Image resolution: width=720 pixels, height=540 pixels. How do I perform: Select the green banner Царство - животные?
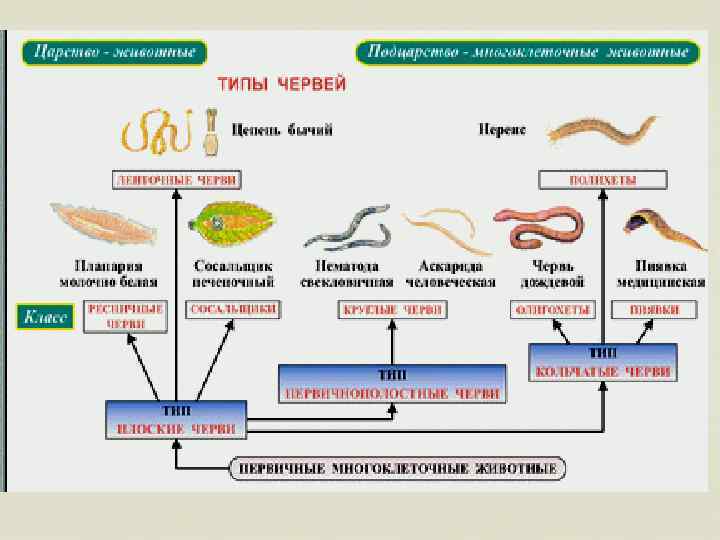[x=115, y=53]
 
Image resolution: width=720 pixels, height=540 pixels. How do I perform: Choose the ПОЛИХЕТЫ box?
[x=602, y=181]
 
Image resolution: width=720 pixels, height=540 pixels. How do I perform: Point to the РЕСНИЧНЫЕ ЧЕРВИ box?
[x=125, y=317]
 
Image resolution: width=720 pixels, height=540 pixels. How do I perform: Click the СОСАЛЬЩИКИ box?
[x=232, y=310]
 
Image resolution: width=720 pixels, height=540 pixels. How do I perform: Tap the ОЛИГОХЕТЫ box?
[x=552, y=310]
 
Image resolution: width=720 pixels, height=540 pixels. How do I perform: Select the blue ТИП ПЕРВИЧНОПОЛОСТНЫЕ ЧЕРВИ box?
[x=392, y=384]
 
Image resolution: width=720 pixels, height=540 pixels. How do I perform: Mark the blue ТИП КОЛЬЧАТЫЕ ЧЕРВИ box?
[x=603, y=362]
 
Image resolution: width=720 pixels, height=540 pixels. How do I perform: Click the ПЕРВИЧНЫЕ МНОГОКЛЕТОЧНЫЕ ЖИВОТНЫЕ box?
[x=399, y=468]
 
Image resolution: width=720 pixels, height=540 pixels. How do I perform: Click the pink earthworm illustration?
[x=541, y=227]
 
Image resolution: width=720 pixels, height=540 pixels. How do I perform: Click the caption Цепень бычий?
[x=282, y=130]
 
